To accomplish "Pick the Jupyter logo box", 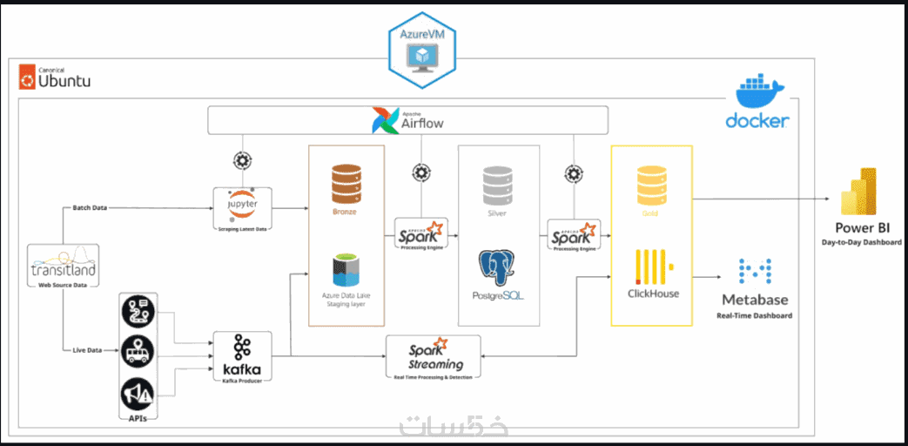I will pos(242,203).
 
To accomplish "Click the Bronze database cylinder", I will pos(346,184).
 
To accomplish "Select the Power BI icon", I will pos(857,192).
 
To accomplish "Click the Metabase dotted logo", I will pos(755,274).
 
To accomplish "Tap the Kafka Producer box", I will pos(242,357).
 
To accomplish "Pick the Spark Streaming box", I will pos(434,355).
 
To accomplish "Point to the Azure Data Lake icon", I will pos(346,270).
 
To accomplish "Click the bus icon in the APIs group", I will pos(138,353).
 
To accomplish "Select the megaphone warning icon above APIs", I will pos(138,395).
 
